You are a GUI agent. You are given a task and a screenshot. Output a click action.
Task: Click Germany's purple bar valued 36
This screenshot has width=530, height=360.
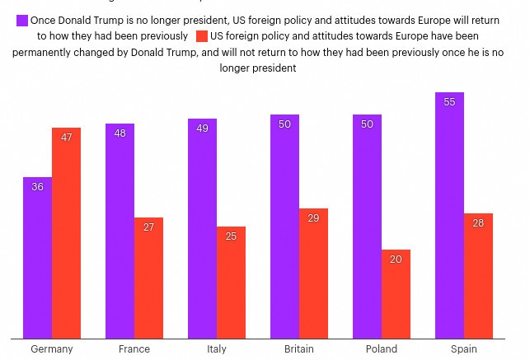click(37, 257)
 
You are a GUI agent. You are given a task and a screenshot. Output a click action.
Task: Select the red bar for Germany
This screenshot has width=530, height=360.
click(66, 232)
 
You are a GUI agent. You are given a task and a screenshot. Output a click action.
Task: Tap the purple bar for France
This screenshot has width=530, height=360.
click(120, 231)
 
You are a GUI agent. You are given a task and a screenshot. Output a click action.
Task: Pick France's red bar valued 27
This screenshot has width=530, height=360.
click(148, 278)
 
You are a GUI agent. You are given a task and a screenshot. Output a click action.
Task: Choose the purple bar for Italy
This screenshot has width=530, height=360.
click(202, 228)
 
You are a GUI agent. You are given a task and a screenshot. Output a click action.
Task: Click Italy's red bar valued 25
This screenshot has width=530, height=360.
click(231, 282)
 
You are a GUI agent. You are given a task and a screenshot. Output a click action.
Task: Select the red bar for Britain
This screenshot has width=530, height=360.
click(313, 273)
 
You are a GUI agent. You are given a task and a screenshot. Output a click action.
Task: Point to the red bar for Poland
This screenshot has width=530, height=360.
click(396, 293)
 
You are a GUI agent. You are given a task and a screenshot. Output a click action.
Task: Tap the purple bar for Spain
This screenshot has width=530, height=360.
click(449, 215)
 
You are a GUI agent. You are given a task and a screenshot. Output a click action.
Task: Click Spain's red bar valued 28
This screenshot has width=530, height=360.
click(478, 275)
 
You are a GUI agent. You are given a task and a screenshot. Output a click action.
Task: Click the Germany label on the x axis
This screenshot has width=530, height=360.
click(52, 348)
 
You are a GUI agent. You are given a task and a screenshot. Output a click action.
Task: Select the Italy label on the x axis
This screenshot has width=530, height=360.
click(217, 348)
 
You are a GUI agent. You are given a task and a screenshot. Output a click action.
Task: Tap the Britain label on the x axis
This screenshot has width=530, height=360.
click(299, 348)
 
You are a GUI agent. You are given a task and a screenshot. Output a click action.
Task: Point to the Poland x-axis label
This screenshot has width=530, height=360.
click(382, 348)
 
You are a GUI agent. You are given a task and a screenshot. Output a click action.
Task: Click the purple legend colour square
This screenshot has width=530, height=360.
click(21, 20)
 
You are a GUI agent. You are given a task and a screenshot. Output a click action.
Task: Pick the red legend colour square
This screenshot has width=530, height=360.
click(202, 36)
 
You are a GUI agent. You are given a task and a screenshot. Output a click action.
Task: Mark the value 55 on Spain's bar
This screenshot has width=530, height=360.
click(449, 102)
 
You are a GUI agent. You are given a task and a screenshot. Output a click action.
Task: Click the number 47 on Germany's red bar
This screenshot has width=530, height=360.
click(66, 138)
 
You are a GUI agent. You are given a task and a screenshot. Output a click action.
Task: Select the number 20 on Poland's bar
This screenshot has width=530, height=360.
click(396, 259)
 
